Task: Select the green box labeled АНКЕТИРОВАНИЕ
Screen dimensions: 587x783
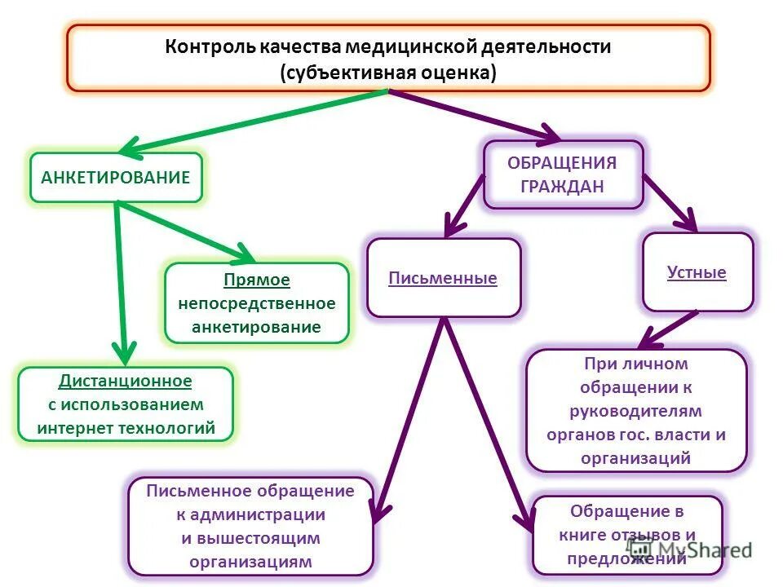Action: coord(116,177)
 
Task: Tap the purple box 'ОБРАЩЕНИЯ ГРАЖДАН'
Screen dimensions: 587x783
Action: coord(563,174)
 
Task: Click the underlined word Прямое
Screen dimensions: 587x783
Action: coord(257,280)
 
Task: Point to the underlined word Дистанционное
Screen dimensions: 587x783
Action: coord(126,381)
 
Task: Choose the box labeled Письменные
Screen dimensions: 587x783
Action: coord(443,278)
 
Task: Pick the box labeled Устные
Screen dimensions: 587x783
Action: coord(697,272)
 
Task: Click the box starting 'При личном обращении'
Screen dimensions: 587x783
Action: coord(636,410)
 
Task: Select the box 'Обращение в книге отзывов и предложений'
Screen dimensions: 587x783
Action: coord(626,535)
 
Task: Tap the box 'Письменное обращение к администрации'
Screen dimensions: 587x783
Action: coord(250,526)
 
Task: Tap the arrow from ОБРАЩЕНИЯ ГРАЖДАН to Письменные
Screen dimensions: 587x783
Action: coord(464,207)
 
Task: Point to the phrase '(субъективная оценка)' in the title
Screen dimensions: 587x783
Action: coord(388,72)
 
